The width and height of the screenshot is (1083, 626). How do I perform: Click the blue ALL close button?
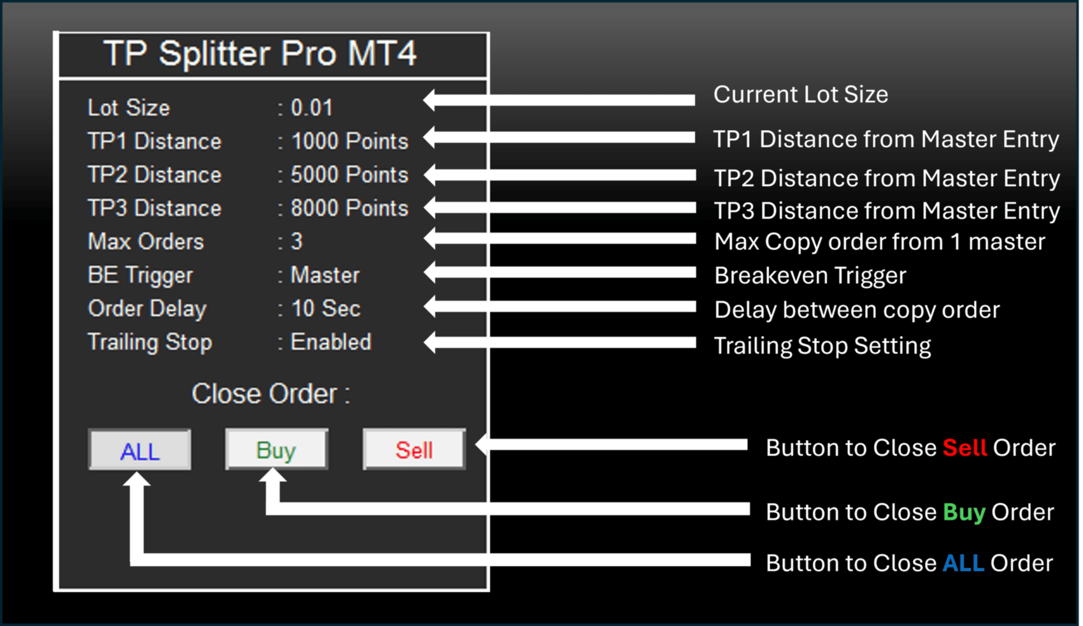140,450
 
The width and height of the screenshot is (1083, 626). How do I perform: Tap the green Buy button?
276,449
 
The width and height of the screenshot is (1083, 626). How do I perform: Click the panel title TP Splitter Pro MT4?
260,53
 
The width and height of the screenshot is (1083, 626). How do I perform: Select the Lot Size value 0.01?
312,107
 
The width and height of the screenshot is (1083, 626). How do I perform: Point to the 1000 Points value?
350,142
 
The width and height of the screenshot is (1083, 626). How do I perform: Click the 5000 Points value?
350,175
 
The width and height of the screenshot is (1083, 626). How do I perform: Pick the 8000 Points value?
350,208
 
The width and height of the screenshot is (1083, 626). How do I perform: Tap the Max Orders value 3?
297,242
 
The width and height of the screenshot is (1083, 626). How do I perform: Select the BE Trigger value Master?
325,275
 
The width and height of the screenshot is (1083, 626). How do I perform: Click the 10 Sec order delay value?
326,309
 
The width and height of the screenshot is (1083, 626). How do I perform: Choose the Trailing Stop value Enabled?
331,342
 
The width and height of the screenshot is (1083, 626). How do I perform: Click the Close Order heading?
271,393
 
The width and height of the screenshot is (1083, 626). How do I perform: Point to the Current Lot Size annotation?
801,94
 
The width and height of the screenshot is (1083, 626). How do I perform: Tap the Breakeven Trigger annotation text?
810,276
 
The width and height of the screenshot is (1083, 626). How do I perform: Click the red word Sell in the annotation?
965,448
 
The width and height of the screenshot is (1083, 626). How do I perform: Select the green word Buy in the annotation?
965,513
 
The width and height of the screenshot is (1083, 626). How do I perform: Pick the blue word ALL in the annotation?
964,563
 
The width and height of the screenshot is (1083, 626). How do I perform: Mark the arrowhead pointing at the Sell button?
482,444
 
